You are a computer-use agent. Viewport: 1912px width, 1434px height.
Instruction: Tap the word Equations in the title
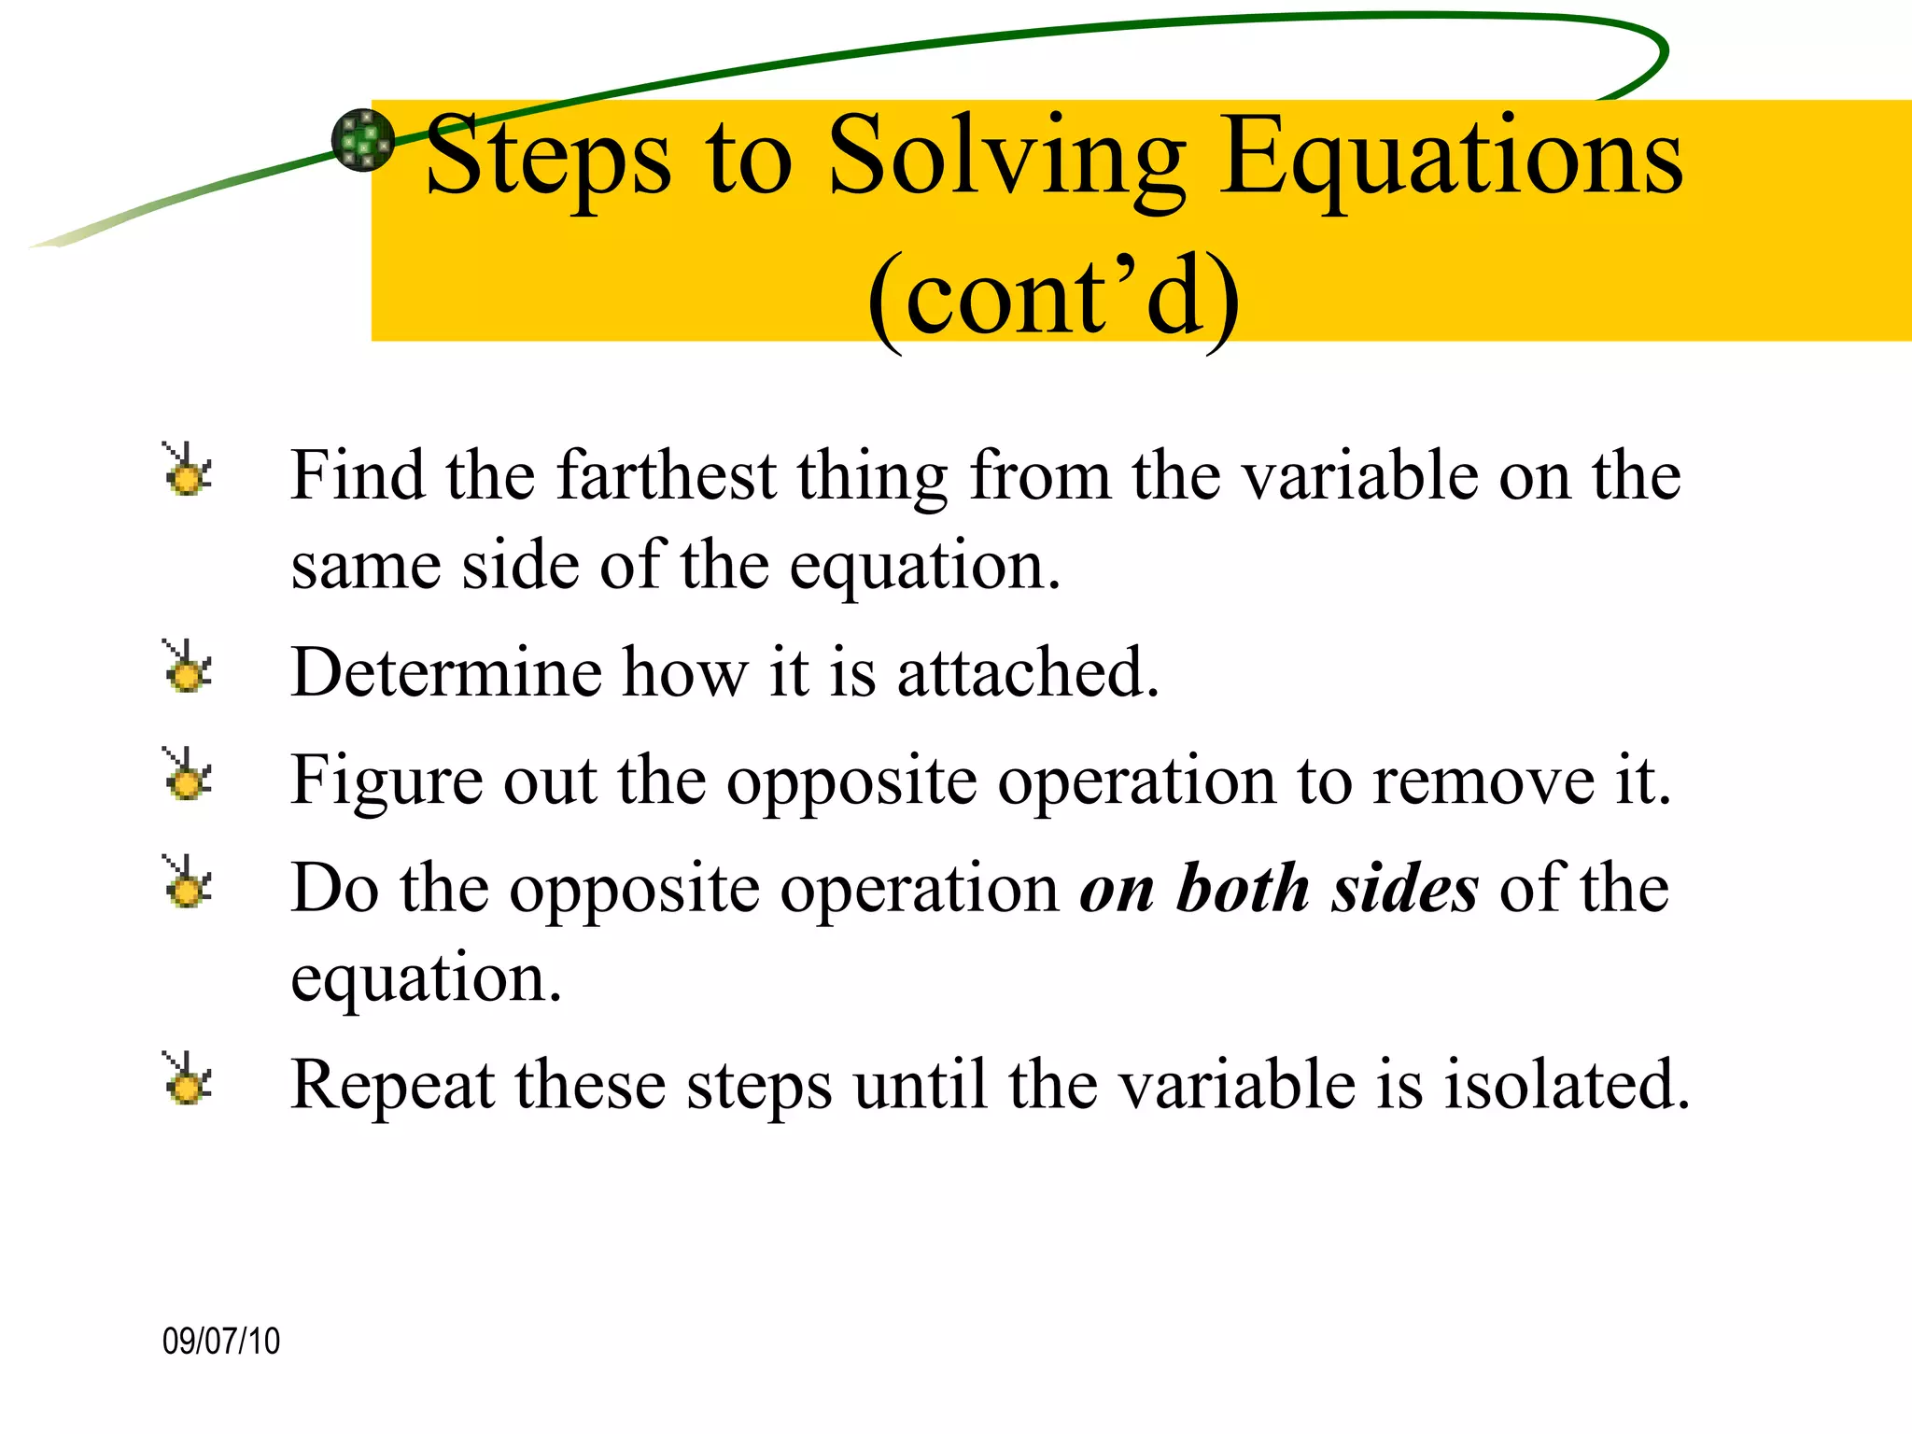tap(1452, 159)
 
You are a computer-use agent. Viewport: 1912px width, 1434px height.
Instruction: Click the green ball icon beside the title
tap(363, 141)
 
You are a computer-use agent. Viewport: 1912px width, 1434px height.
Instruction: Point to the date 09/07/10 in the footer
tap(221, 1341)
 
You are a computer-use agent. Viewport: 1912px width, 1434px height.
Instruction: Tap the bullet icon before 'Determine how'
tap(188, 668)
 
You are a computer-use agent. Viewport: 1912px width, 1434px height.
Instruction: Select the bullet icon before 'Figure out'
tap(188, 775)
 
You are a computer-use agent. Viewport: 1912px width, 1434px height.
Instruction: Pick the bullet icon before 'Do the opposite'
tap(188, 882)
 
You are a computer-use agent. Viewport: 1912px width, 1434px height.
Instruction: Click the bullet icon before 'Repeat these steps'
tap(188, 1079)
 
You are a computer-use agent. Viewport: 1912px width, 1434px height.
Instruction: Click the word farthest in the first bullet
tap(667, 476)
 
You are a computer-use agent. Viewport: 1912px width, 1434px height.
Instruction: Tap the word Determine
tap(446, 672)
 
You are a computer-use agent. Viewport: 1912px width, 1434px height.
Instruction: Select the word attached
tap(1027, 672)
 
